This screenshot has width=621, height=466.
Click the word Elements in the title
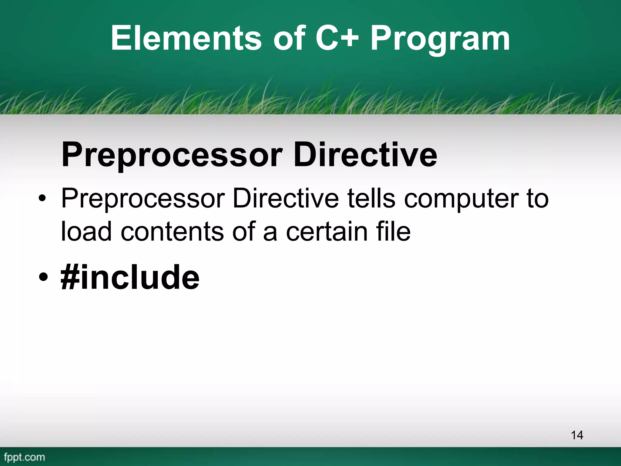pos(186,39)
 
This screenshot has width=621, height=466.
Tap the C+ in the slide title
pos(337,39)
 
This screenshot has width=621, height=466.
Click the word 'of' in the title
pos(289,39)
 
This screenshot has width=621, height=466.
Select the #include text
pos(130,277)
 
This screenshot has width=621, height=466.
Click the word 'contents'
pos(172,232)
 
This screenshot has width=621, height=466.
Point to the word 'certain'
pos(327,232)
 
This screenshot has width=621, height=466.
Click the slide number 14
pos(577,435)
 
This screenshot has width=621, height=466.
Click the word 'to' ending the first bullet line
pos(537,199)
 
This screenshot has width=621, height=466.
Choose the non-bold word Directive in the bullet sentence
pos(285,198)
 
